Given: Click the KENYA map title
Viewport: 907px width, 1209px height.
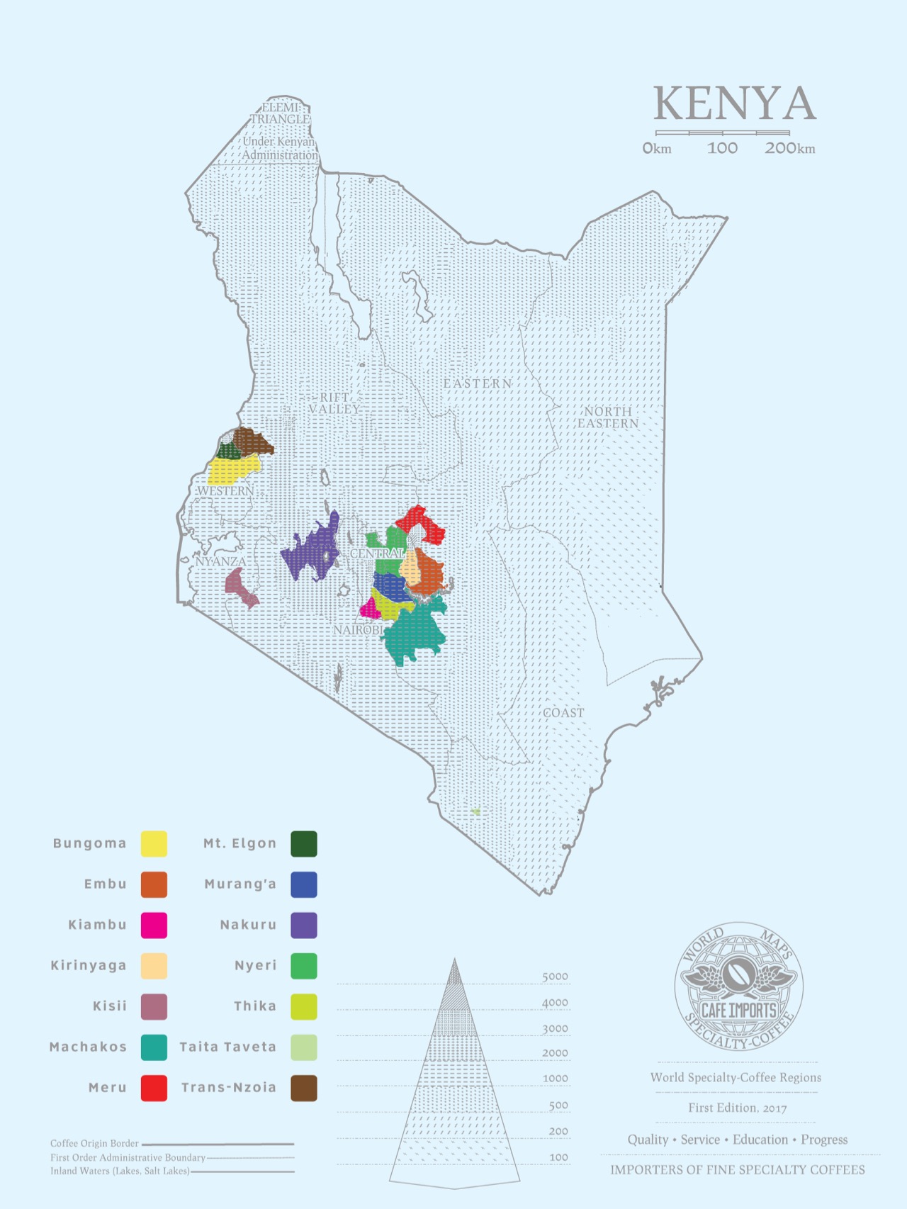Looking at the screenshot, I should pos(734,104).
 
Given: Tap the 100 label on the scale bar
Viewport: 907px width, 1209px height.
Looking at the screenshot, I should pos(722,148).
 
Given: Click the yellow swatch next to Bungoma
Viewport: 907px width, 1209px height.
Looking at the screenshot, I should pos(154,844).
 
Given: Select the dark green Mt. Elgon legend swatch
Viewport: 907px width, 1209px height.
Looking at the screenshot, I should pos(304,844).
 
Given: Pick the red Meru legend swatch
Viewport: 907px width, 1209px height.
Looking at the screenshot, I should pos(154,1088).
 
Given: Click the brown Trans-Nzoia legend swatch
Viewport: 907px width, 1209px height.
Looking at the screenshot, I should pos(304,1088).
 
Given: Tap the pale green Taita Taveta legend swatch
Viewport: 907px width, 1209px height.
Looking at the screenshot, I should pos(304,1047).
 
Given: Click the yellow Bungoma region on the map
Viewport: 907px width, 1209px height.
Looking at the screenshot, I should pos(232,469).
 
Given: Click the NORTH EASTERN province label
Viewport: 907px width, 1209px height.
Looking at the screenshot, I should pos(608,417).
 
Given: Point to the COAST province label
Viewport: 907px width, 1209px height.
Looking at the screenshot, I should pos(563,713).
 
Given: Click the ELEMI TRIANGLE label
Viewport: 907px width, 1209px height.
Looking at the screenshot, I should pos(281,113).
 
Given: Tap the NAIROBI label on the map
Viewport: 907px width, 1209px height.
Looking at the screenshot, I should pos(358,630).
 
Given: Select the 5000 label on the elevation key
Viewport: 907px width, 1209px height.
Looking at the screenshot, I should pos(555,977).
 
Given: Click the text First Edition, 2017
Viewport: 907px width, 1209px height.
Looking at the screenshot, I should pos(737,1108).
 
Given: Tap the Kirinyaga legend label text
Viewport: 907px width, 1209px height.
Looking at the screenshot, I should pos(89,965).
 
